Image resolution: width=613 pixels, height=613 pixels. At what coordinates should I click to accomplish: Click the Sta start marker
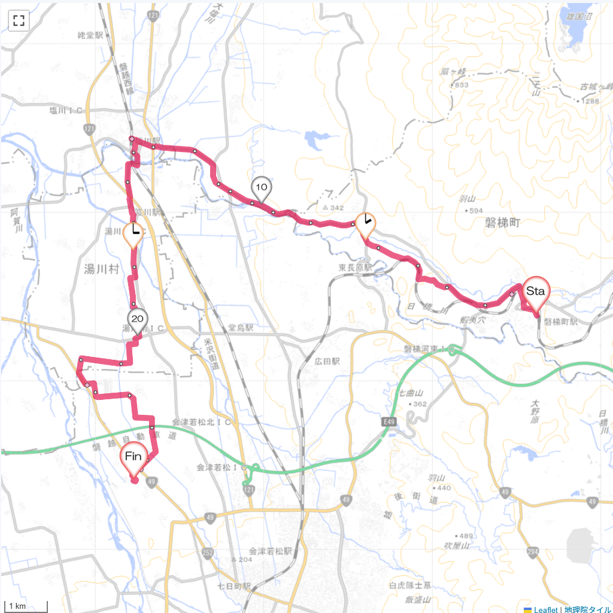(536, 292)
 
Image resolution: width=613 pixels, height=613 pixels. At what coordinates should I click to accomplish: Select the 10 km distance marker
(261, 187)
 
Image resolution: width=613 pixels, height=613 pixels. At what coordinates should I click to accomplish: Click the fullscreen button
(19, 20)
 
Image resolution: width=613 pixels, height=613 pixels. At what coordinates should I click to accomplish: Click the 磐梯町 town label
(505, 222)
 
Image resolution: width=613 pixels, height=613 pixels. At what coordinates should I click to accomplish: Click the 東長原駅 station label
(355, 268)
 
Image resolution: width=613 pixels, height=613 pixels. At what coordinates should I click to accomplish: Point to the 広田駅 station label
(327, 362)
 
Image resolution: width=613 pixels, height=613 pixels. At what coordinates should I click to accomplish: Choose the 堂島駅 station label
(241, 328)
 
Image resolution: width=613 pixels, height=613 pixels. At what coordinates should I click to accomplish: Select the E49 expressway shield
(390, 423)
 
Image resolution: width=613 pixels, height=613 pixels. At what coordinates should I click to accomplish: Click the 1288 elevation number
(590, 102)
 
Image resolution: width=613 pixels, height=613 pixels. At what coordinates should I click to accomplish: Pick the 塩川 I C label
(66, 110)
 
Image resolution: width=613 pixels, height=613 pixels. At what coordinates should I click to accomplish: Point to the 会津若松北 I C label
(197, 422)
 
